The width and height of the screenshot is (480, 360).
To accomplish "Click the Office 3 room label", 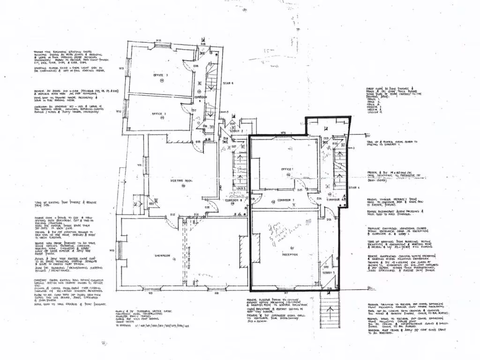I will coord(160,75).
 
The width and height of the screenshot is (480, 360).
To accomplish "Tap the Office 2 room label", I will coord(159,113).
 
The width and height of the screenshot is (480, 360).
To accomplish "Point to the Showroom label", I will coord(161,255).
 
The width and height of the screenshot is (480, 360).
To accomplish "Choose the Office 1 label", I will coord(287,169).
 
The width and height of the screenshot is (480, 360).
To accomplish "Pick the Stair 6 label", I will coord(228,83).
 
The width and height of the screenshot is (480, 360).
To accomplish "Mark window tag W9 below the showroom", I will coord(151,294).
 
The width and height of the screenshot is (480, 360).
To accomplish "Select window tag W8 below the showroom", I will coord(217,294).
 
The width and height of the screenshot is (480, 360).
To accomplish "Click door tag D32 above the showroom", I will coord(172,214).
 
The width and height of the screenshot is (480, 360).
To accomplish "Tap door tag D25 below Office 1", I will coord(299,190).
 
